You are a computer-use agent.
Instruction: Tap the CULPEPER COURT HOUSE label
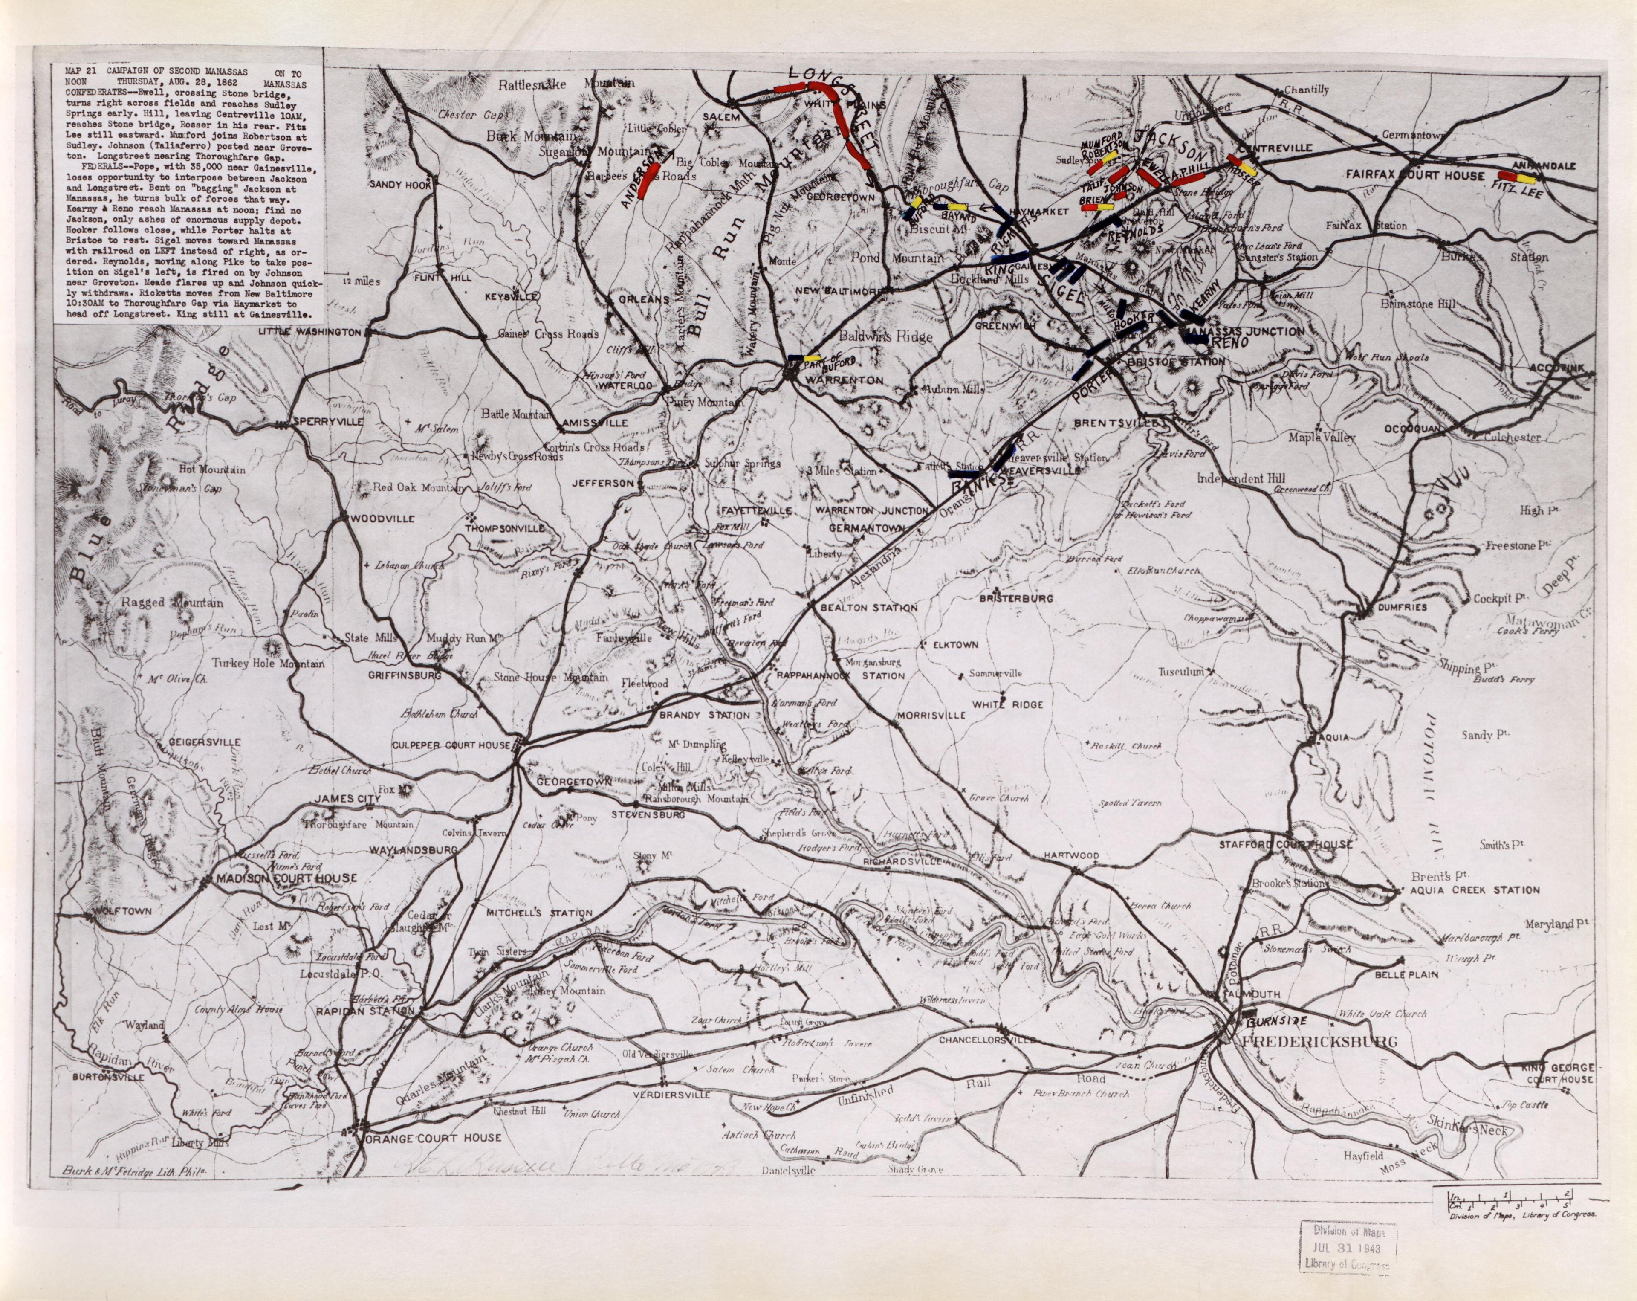point(451,745)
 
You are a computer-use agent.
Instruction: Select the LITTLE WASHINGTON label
point(310,332)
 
